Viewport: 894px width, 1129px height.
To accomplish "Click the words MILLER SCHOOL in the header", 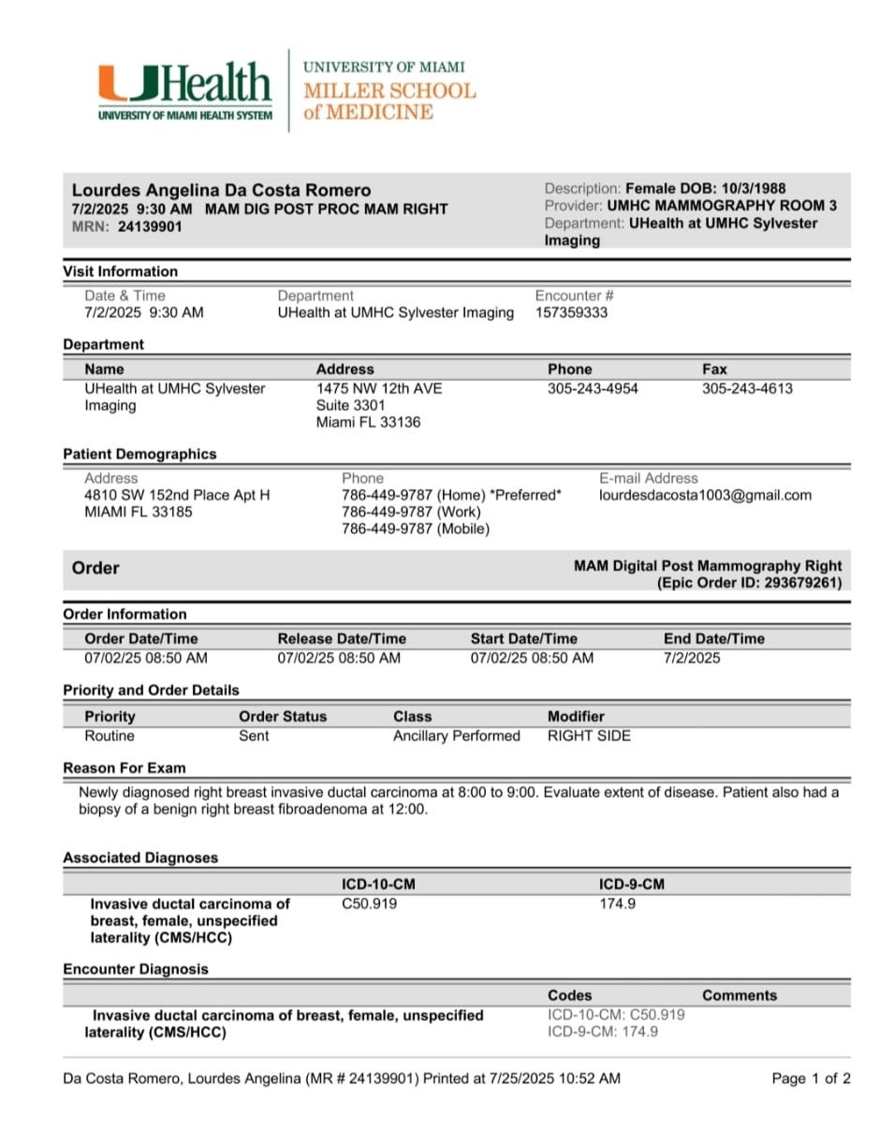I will click(x=389, y=91).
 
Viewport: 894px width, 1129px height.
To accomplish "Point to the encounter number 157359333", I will click(x=571, y=312).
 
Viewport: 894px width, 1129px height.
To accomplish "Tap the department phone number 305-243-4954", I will click(x=593, y=388).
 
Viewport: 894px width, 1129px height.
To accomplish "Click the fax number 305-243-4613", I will click(x=747, y=388).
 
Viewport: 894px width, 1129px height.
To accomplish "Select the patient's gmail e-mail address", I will click(x=705, y=495).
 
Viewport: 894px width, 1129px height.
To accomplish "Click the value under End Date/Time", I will click(x=692, y=658).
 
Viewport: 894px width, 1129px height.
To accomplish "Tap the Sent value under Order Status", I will click(x=254, y=735).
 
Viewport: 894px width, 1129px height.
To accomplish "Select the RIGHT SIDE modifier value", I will click(x=589, y=735).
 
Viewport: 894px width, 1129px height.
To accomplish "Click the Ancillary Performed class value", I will click(x=456, y=735).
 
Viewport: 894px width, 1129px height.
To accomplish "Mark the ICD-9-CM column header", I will click(x=632, y=884).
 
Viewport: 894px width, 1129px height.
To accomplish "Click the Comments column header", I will click(x=739, y=995).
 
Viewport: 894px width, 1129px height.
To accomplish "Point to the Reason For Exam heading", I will click(x=124, y=768).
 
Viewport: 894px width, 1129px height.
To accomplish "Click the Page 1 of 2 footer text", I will click(x=811, y=1078).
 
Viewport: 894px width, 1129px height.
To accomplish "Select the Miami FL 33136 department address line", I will click(x=368, y=422).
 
